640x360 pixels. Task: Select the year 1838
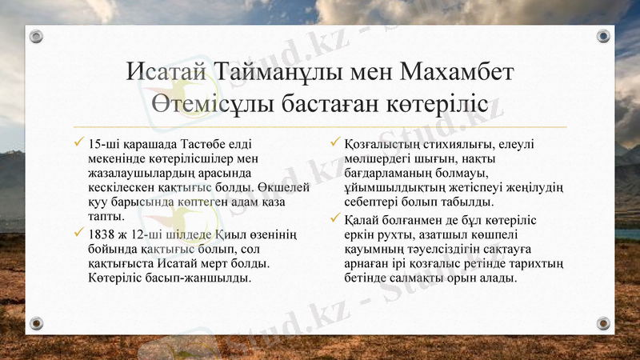[x=105, y=233]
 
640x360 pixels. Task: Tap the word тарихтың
[x=540, y=262]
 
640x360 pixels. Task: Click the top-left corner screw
[x=36, y=37]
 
